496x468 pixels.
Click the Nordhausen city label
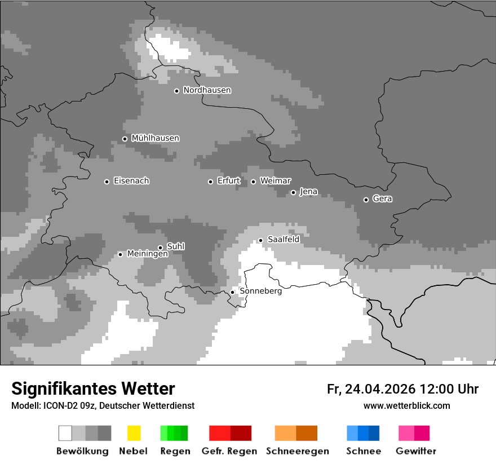coord(207,90)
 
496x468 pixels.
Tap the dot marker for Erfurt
coord(210,182)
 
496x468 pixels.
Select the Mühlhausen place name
coord(155,138)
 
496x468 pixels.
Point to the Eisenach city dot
coord(107,182)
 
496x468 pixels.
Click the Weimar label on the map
coord(275,181)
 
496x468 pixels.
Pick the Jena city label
coord(308,192)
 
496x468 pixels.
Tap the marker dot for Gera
coord(366,200)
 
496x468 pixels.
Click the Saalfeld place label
coord(283,240)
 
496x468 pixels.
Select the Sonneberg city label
coord(260,292)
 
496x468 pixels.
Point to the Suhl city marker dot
coord(160,248)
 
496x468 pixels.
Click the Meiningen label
coord(147,254)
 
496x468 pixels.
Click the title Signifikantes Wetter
coord(93,388)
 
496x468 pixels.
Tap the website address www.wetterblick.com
coord(406,406)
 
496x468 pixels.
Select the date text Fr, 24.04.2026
coord(371,389)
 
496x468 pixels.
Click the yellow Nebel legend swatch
coord(134,433)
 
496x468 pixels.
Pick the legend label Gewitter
coord(415,451)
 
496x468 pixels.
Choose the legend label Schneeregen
coord(297,451)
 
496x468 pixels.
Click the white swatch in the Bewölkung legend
coord(65,433)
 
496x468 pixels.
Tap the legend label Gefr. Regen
coord(229,451)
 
